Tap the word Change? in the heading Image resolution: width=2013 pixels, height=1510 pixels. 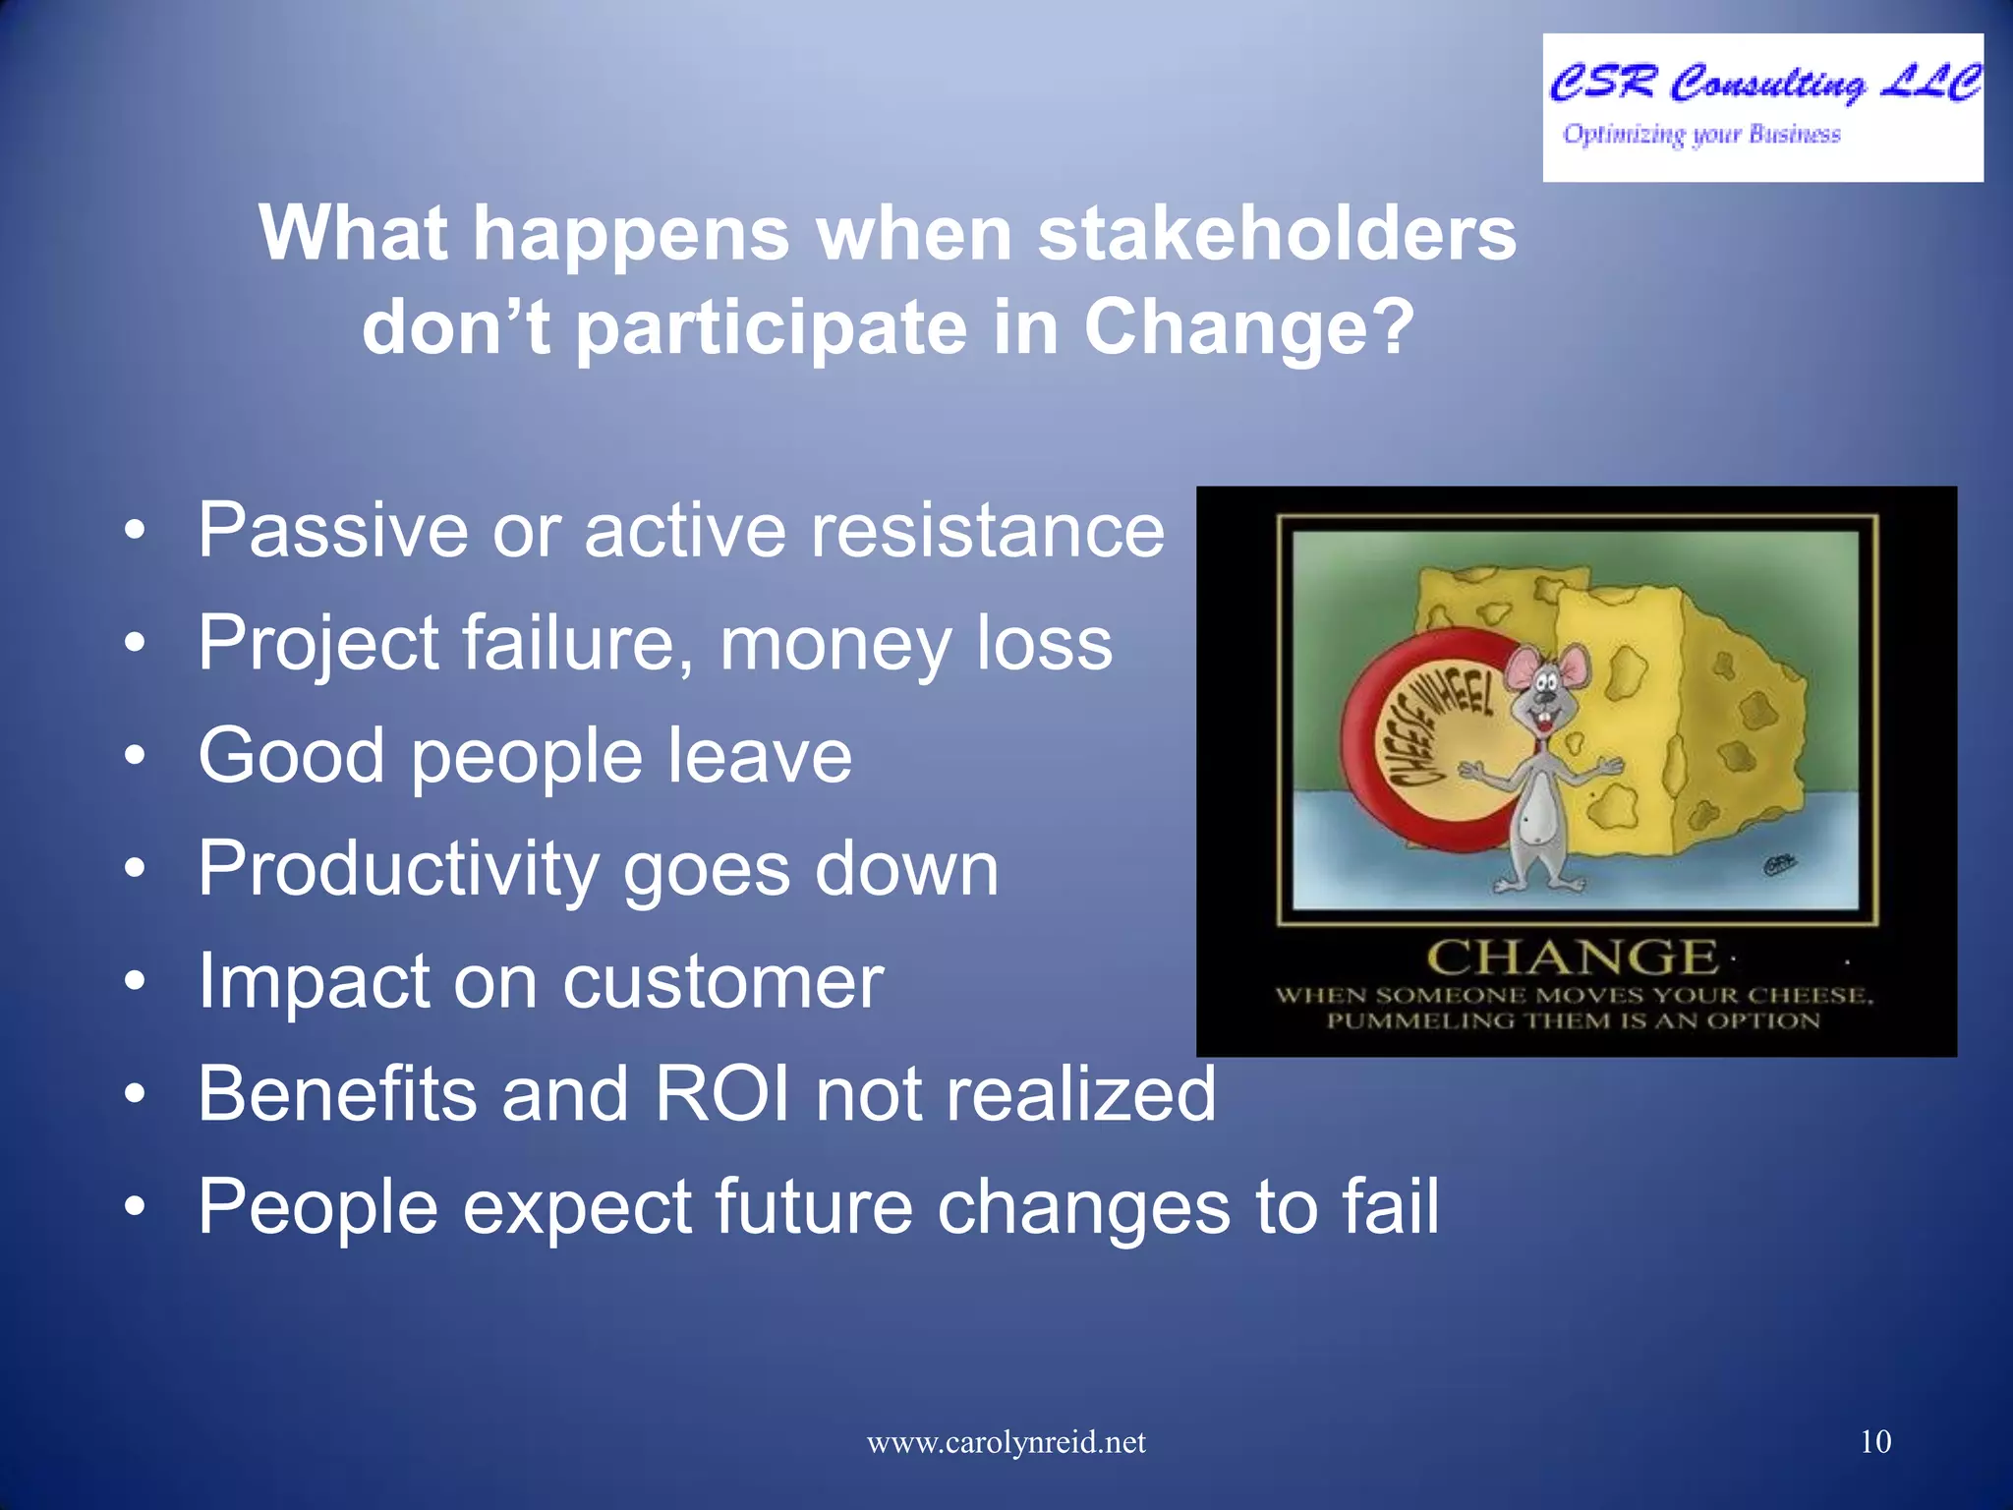click(x=1248, y=327)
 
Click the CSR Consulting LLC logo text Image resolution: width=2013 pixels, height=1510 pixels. click(x=1764, y=84)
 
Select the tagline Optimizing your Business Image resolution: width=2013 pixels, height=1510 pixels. click(x=1701, y=135)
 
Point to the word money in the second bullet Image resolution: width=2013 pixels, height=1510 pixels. click(x=834, y=644)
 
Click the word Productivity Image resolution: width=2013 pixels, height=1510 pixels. click(x=399, y=870)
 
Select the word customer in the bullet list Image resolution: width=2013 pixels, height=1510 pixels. click(x=722, y=982)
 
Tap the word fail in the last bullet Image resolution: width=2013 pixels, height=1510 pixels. click(x=1390, y=1207)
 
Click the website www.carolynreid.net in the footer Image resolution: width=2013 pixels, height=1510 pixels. click(x=1006, y=1442)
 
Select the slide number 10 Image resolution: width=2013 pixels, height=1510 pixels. click(x=1875, y=1442)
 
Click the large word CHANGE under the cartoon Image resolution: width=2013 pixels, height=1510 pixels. click(x=1572, y=958)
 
